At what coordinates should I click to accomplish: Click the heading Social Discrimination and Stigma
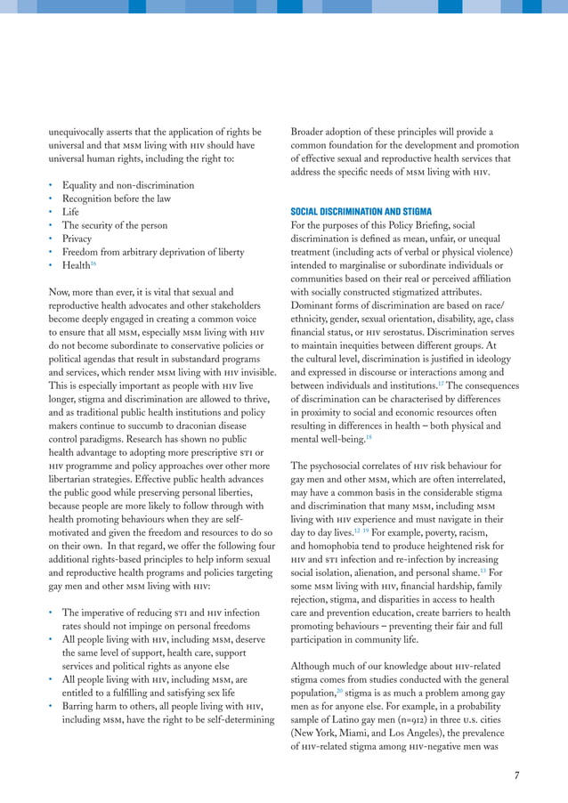tap(361, 212)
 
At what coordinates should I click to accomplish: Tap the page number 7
tap(517, 775)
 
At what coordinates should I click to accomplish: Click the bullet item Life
tap(70, 212)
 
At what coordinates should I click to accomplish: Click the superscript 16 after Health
tap(93, 264)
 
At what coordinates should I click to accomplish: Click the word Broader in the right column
tap(311, 133)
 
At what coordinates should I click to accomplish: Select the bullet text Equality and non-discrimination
tap(128, 185)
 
